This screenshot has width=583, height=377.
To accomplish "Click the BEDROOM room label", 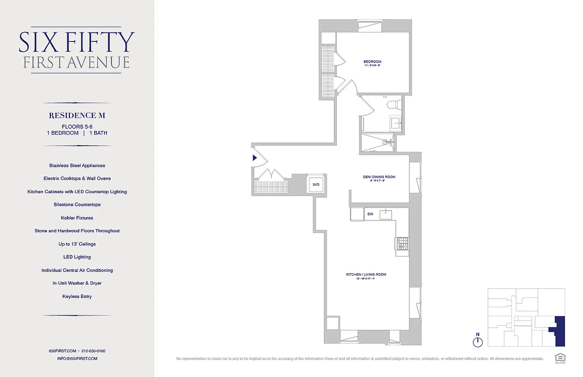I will point(372,62).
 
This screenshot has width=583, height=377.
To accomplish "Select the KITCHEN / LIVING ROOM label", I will point(362,274).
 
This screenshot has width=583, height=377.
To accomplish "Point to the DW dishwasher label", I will point(370,214).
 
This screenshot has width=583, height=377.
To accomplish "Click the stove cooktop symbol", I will point(402,243).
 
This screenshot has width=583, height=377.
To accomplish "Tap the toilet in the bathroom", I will point(393,104).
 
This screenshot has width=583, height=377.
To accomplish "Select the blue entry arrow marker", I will point(255,158).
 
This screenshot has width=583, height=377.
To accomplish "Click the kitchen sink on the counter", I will point(386,214).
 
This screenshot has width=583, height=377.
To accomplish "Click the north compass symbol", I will point(478,340).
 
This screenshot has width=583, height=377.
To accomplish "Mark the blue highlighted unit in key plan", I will point(559,331).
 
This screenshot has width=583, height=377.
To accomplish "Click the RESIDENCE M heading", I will point(77,115).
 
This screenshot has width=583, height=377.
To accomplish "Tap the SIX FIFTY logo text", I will point(77,42).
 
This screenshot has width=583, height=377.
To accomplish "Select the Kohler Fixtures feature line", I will point(77,218).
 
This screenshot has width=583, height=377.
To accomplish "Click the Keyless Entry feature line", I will point(77,296).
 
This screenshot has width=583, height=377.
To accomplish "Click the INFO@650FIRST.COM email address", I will point(77,359).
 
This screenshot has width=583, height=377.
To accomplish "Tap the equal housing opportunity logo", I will point(559,357).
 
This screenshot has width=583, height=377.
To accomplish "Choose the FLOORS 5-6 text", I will point(77,126).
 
